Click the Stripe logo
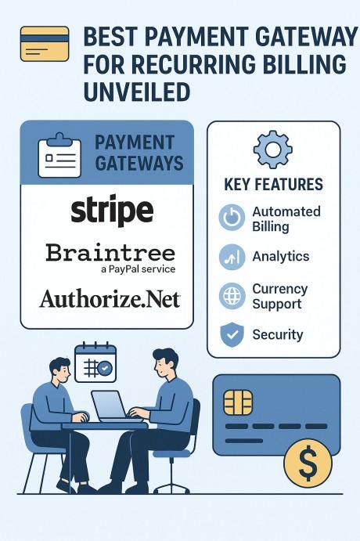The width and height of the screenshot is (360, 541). click(x=112, y=210)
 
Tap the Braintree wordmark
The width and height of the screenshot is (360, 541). click(x=110, y=253)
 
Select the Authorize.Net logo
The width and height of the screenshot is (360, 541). click(x=110, y=299)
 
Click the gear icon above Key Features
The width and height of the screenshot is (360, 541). click(x=273, y=150)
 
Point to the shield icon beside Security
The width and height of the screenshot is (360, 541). click(x=232, y=334)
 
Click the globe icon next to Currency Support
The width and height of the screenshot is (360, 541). click(x=232, y=296)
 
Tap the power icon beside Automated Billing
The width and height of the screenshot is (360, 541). click(x=232, y=218)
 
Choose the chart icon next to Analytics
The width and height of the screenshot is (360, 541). click(x=232, y=257)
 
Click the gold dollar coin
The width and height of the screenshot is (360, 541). click(x=308, y=463)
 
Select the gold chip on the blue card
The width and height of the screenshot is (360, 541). click(x=238, y=402)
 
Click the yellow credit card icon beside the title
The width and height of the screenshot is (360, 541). click(x=45, y=44)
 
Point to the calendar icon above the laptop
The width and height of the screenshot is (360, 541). click(x=95, y=362)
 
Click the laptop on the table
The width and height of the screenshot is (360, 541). click(x=117, y=406)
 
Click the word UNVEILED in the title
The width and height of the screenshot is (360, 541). click(x=137, y=92)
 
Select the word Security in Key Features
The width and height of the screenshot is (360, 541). click(x=278, y=334)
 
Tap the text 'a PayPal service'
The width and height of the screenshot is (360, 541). click(x=139, y=269)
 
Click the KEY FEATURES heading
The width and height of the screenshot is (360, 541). click(x=273, y=184)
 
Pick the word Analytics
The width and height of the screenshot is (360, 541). click(x=281, y=257)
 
